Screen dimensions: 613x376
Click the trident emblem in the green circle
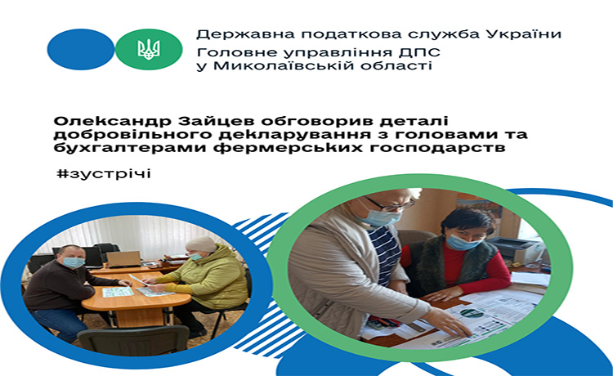coord(149,50)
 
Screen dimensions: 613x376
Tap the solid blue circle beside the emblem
coord(81,49)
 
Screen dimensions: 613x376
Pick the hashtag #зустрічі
coord(103,173)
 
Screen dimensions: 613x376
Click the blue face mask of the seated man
coord(74,262)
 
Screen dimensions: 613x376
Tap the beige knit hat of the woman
coord(200,244)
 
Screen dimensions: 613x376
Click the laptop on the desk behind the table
coord(123,259)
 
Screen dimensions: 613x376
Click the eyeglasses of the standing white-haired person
coord(390,205)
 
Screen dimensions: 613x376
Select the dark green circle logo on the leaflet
coord(472,313)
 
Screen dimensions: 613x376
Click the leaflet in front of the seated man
coord(117,292)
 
